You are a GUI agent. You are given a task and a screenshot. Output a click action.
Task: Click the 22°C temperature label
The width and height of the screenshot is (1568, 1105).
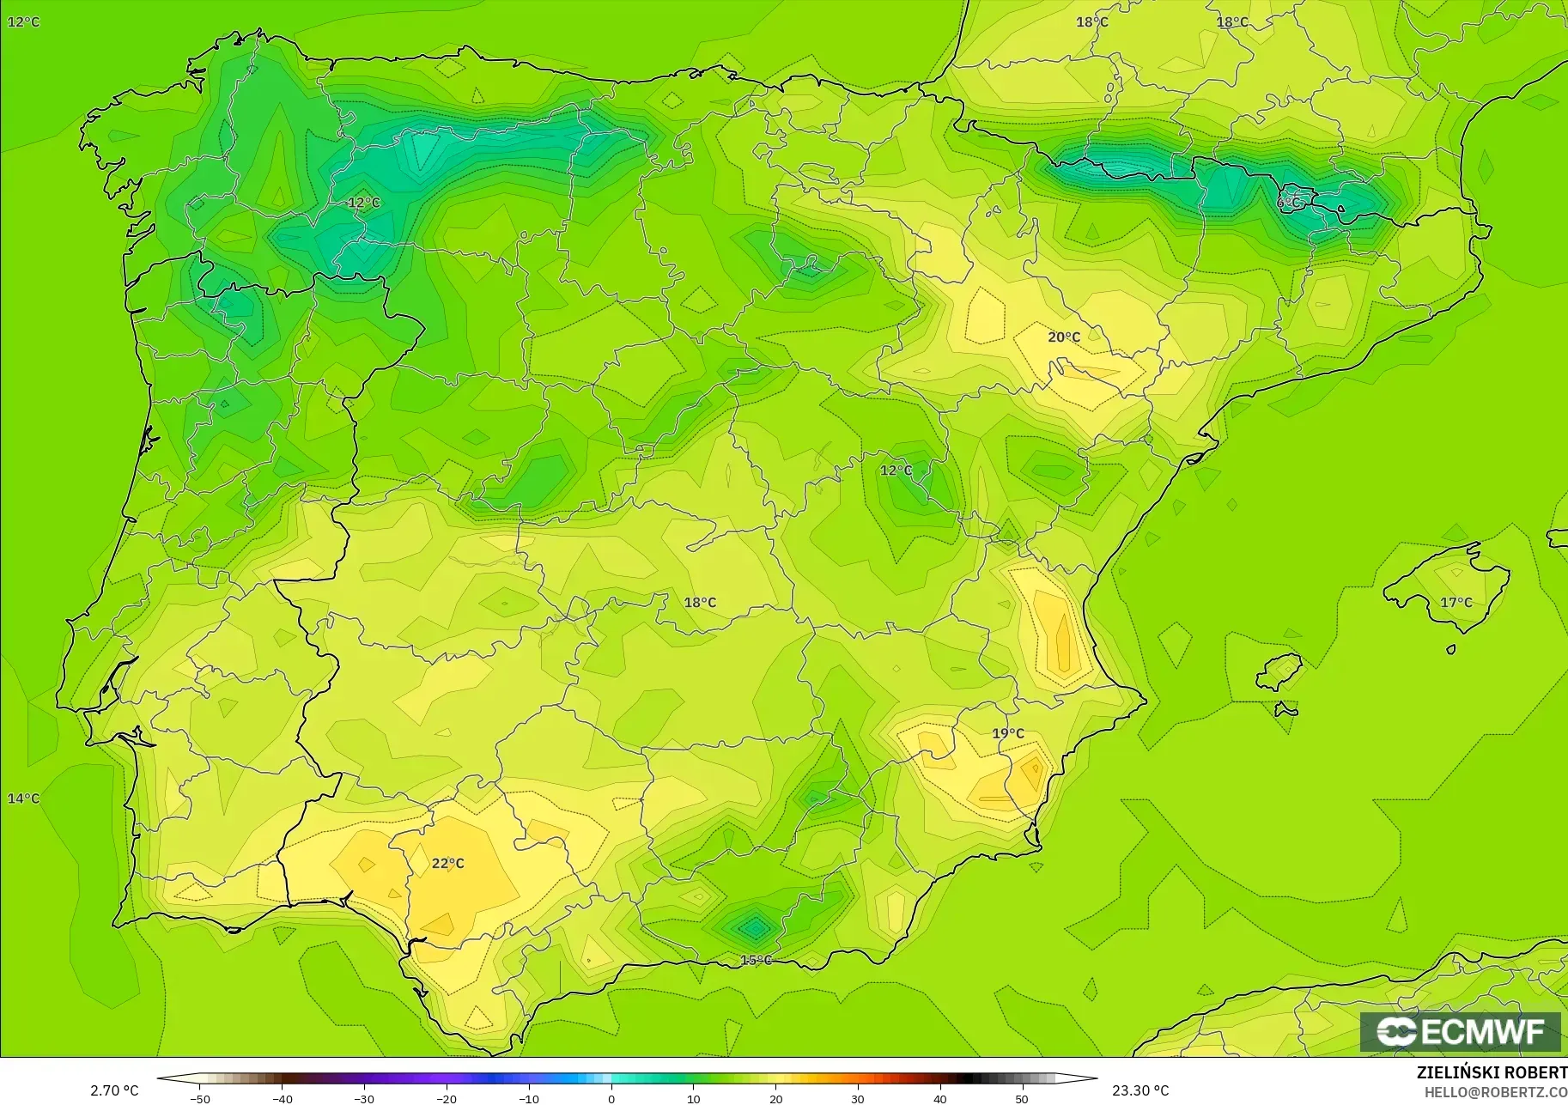[447, 863]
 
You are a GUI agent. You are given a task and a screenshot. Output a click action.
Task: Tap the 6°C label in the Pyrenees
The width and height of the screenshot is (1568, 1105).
[1289, 203]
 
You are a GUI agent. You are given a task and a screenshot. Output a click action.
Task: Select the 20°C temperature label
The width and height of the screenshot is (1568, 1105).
[1064, 337]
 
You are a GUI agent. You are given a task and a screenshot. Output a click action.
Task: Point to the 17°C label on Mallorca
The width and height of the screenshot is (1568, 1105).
[1456, 603]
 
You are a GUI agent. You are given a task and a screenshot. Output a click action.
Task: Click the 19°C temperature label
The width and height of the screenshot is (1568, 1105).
[1008, 733]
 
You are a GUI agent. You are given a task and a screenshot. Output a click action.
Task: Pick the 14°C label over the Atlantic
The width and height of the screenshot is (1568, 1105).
[24, 798]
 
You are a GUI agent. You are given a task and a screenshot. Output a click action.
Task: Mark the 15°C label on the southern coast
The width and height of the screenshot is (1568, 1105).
[756, 960]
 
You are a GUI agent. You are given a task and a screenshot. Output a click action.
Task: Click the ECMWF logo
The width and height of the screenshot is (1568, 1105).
[1460, 1031]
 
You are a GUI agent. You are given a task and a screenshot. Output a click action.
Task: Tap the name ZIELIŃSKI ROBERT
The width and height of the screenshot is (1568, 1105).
[1492, 1073]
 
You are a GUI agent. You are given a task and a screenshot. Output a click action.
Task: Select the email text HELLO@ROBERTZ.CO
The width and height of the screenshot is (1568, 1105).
[1496, 1093]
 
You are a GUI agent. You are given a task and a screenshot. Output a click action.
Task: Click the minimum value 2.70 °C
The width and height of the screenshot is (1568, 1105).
[114, 1090]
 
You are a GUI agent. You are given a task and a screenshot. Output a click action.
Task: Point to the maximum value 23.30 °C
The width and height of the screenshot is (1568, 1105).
[1140, 1090]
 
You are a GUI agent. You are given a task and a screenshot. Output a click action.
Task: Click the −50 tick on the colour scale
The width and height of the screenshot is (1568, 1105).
[200, 1099]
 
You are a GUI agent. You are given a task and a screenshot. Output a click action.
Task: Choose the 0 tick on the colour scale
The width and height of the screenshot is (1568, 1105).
[611, 1099]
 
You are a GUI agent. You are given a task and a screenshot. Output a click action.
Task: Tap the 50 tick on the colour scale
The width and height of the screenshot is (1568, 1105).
[1022, 1099]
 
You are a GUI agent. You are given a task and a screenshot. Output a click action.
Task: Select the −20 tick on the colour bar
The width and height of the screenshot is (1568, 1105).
[447, 1099]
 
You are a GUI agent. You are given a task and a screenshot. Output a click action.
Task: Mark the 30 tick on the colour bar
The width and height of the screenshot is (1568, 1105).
[858, 1099]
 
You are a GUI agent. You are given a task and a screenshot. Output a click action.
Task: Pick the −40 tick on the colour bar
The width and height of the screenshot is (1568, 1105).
[282, 1099]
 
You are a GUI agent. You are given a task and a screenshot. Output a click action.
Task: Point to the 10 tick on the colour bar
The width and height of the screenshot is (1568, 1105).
[694, 1099]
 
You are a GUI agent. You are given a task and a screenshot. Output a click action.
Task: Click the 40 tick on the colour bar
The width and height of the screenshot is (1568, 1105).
[940, 1099]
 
